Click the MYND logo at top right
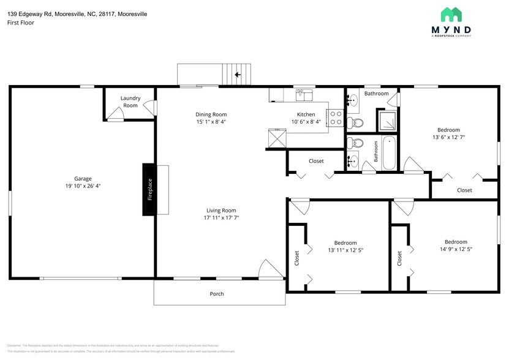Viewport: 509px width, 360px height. tap(451, 21)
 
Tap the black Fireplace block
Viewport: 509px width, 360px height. tap(149, 189)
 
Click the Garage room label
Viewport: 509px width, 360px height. tap(83, 179)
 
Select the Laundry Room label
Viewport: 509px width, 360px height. tap(130, 102)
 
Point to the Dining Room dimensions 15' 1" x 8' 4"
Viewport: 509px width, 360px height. tap(211, 122)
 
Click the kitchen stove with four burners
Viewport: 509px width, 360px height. tap(336, 118)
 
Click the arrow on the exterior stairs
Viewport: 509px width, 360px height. tap(238, 75)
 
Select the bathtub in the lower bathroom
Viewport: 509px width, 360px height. tap(389, 154)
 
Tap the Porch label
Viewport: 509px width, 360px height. tap(217, 294)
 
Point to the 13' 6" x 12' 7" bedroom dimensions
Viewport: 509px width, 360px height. tap(448, 138)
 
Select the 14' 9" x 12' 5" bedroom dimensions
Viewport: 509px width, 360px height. tap(456, 249)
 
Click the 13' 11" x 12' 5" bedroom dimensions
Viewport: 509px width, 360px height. tap(342, 250)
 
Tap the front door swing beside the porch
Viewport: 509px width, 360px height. tap(269, 269)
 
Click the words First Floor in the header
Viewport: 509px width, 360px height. tap(21, 23)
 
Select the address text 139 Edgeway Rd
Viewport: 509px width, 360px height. tap(31, 13)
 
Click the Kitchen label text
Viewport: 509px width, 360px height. tap(306, 114)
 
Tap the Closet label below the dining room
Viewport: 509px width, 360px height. tap(316, 161)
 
